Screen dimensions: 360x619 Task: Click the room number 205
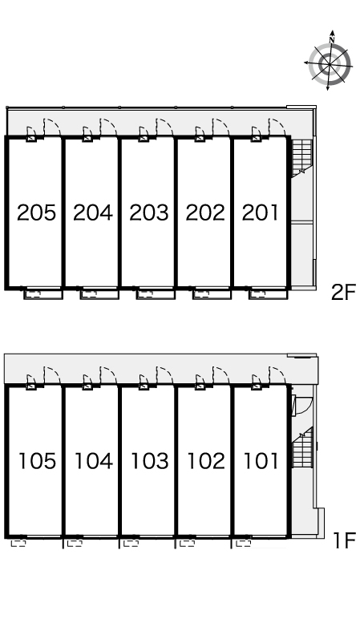pyautogui.click(x=36, y=212)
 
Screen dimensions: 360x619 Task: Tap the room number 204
pyautogui.click(x=93, y=212)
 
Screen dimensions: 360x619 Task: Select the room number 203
pyautogui.click(x=149, y=212)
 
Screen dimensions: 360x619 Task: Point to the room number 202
pyautogui.click(x=205, y=212)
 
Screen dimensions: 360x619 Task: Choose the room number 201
pyautogui.click(x=261, y=212)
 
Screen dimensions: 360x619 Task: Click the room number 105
pyautogui.click(x=38, y=461)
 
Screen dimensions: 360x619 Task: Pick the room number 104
pyautogui.click(x=94, y=461)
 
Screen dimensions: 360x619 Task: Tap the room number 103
pyautogui.click(x=150, y=461)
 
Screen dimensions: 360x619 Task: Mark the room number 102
pyautogui.click(x=206, y=461)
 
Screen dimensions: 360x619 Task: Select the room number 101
pyautogui.click(x=261, y=461)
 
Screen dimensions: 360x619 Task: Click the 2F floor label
pyautogui.click(x=343, y=293)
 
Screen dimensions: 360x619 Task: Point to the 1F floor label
pyautogui.click(x=345, y=540)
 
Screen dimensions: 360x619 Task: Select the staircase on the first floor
pyautogui.click(x=302, y=447)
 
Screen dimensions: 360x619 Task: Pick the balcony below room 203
pyautogui.click(x=155, y=294)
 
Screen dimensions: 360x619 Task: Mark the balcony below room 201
pyautogui.click(x=268, y=294)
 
